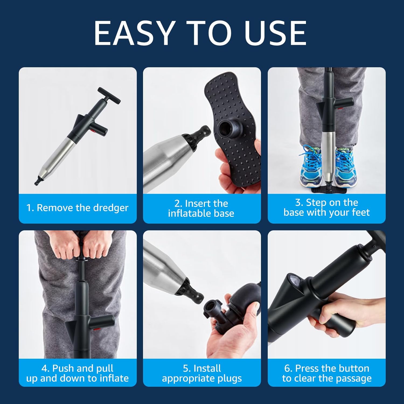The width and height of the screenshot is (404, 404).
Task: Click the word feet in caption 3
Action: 361,213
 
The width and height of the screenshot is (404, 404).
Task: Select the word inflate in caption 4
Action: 114,378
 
